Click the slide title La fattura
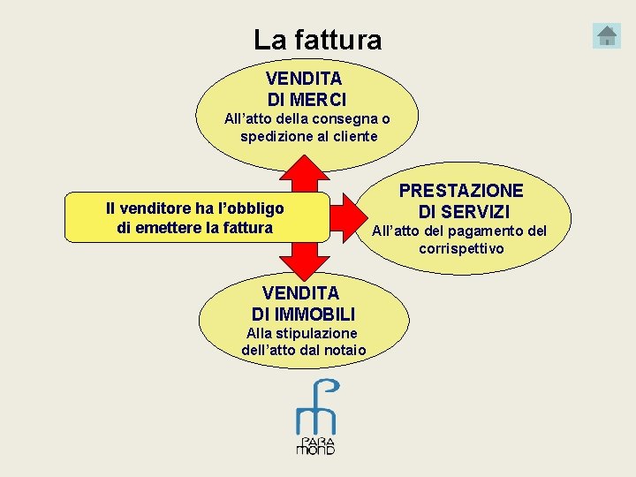(x=317, y=40)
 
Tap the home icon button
(x=607, y=36)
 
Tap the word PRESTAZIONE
(x=461, y=191)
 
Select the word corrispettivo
(x=461, y=249)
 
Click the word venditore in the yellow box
(x=159, y=209)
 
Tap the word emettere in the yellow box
(x=170, y=228)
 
